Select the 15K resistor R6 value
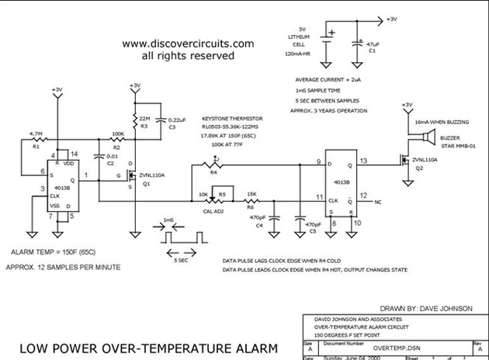click(x=252, y=193)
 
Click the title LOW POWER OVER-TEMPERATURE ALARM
click(x=147, y=348)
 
